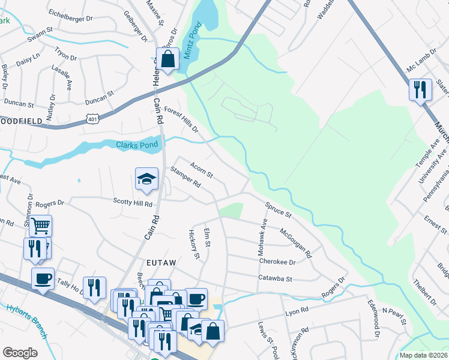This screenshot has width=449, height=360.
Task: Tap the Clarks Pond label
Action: tap(137, 145)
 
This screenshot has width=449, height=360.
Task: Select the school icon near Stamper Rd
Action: tap(146, 179)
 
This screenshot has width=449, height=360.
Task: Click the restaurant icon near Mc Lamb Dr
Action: tap(420, 90)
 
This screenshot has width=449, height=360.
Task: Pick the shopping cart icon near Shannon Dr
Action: tap(41, 226)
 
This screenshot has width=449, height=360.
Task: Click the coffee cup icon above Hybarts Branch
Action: tap(43, 279)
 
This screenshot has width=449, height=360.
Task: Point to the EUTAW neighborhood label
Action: tap(160, 262)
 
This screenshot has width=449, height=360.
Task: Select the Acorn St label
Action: tap(201, 170)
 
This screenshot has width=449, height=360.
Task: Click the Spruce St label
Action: tap(278, 209)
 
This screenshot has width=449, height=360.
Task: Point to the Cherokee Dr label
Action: tap(277, 262)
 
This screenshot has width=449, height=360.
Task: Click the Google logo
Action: tap(19, 353)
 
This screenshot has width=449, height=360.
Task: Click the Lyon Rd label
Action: tap(297, 311)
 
